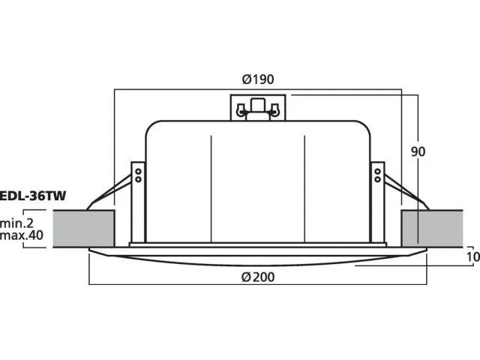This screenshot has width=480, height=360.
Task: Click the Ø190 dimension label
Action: click(x=258, y=79)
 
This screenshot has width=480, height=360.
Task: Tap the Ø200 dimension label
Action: click(x=258, y=277)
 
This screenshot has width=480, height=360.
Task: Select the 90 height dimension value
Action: click(x=418, y=151)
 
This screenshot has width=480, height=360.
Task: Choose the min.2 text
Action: click(x=16, y=223)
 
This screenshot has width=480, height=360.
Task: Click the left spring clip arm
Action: click(x=109, y=194)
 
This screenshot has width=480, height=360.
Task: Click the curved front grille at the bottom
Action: click(x=256, y=256)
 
